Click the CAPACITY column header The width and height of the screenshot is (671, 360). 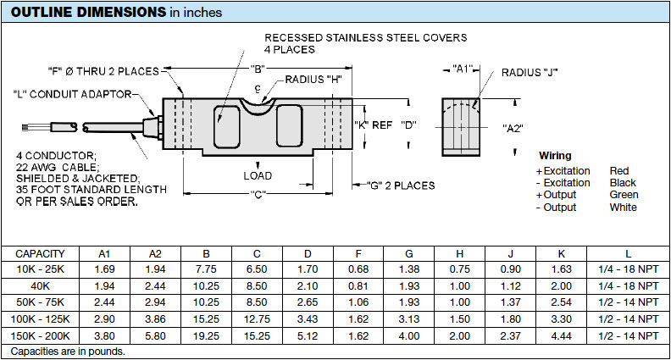[x=40, y=253]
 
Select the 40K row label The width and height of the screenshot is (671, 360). [x=40, y=285]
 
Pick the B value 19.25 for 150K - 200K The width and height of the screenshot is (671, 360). [x=206, y=335]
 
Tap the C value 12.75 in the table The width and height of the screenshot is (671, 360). [x=257, y=318]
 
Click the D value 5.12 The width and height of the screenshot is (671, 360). [x=308, y=335]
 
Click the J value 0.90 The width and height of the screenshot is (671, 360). [x=510, y=269]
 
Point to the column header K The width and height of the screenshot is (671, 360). [x=561, y=253]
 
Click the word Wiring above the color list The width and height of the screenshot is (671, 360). [x=555, y=156]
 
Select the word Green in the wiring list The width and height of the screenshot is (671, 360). [x=624, y=195]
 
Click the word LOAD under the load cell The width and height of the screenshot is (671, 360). [x=258, y=176]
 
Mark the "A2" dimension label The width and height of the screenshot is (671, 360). [x=513, y=128]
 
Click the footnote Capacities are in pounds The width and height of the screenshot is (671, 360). [x=69, y=350]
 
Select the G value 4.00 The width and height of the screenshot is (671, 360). [x=409, y=335]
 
